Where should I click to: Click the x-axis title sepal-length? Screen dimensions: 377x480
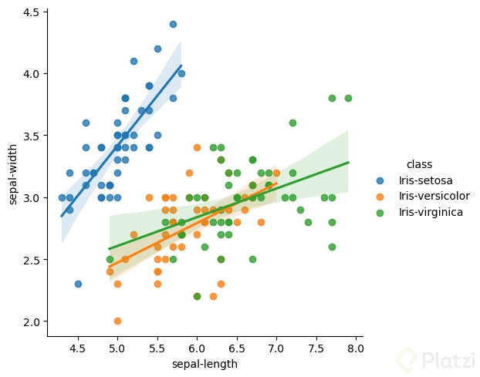tap(205, 364)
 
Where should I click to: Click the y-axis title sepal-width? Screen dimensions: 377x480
tap(13, 174)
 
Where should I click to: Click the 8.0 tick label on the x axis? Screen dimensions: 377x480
tap(355, 348)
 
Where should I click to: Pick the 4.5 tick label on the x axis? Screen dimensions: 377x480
tap(77, 348)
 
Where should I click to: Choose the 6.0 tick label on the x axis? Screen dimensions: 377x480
tap(197, 348)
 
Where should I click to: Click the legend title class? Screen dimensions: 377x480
tap(419, 164)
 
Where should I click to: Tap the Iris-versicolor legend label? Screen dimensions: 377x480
tap(434, 196)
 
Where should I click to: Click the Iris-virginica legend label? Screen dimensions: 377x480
tap(431, 211)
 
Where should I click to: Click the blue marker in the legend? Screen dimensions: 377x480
tap(380, 180)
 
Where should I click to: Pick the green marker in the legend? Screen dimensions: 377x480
tap(380, 211)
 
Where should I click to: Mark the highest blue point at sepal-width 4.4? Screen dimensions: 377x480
tap(173, 24)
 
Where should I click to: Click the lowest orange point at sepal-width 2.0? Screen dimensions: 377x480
tap(117, 321)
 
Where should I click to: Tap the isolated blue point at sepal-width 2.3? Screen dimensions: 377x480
tap(78, 284)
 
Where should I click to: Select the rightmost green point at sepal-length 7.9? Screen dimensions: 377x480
tap(348, 98)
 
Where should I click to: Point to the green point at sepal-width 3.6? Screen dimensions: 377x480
tap(292, 123)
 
